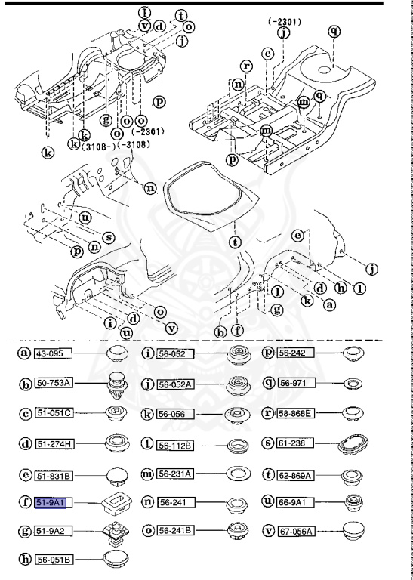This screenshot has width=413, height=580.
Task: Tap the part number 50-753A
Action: coord(55,384)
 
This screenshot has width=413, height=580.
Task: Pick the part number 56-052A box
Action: coord(175,384)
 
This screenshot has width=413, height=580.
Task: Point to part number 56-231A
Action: coord(175,473)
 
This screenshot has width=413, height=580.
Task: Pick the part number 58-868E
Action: coord(297,415)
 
